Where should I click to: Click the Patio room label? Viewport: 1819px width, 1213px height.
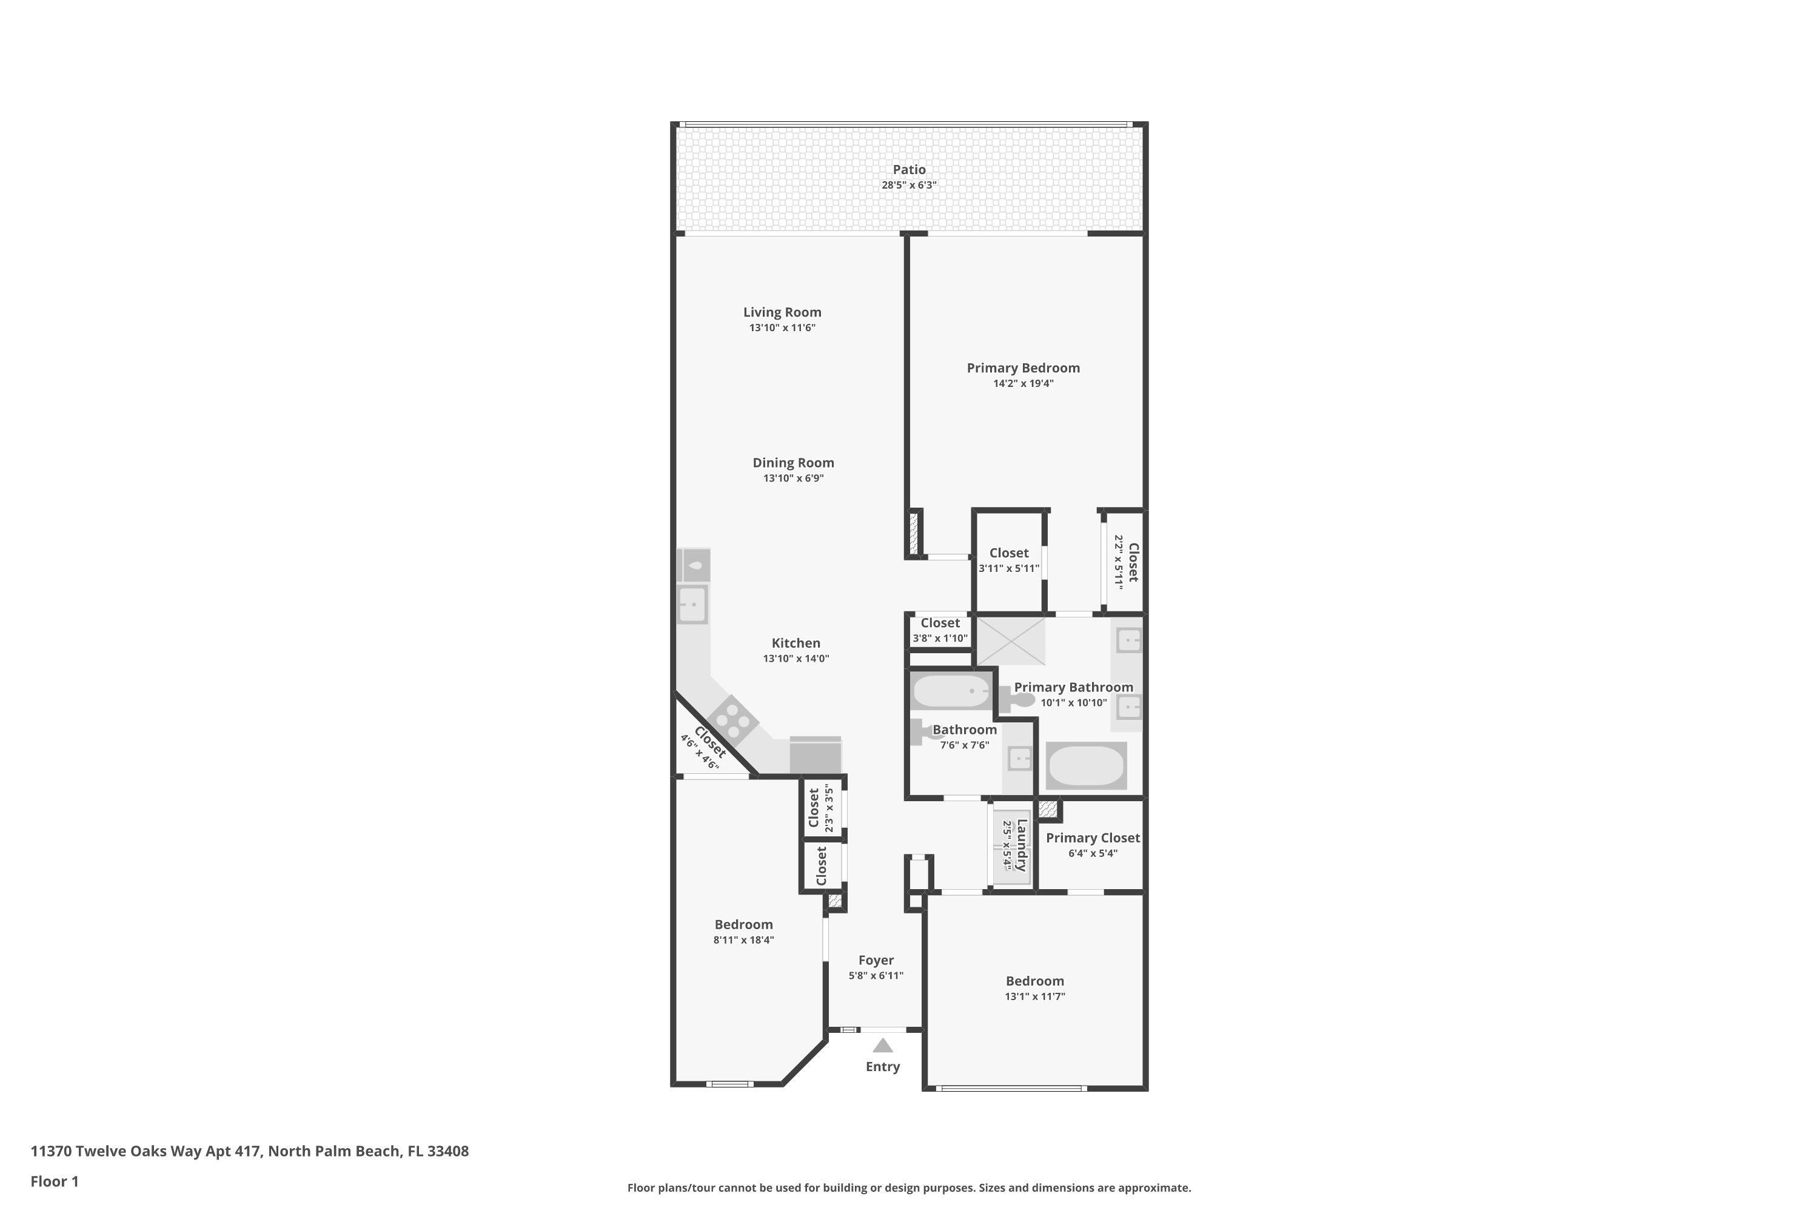tap(909, 169)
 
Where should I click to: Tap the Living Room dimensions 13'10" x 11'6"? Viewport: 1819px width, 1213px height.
tap(782, 328)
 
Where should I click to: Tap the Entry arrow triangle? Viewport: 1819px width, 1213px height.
tap(882, 1046)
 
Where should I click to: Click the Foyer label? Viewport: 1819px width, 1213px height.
tap(876, 960)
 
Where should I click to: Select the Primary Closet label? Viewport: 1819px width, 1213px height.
tap(1092, 838)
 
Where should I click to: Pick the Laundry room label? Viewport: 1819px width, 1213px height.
tap(1022, 845)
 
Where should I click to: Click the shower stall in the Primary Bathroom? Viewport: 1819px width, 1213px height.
tap(1011, 640)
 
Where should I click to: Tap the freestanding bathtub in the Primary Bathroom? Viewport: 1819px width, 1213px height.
tap(1086, 765)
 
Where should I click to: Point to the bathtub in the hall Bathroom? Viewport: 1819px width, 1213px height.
tap(951, 691)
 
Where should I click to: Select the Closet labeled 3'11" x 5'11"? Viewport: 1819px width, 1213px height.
tap(1008, 553)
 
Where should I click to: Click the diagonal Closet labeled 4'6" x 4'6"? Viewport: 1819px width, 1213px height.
tap(708, 742)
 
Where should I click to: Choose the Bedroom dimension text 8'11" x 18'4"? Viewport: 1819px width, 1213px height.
tap(743, 940)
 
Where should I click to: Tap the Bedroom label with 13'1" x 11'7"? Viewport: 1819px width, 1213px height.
tap(1035, 981)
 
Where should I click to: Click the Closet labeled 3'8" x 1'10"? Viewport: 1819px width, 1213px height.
tap(940, 623)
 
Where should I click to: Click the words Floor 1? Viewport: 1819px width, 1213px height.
tap(54, 1181)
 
